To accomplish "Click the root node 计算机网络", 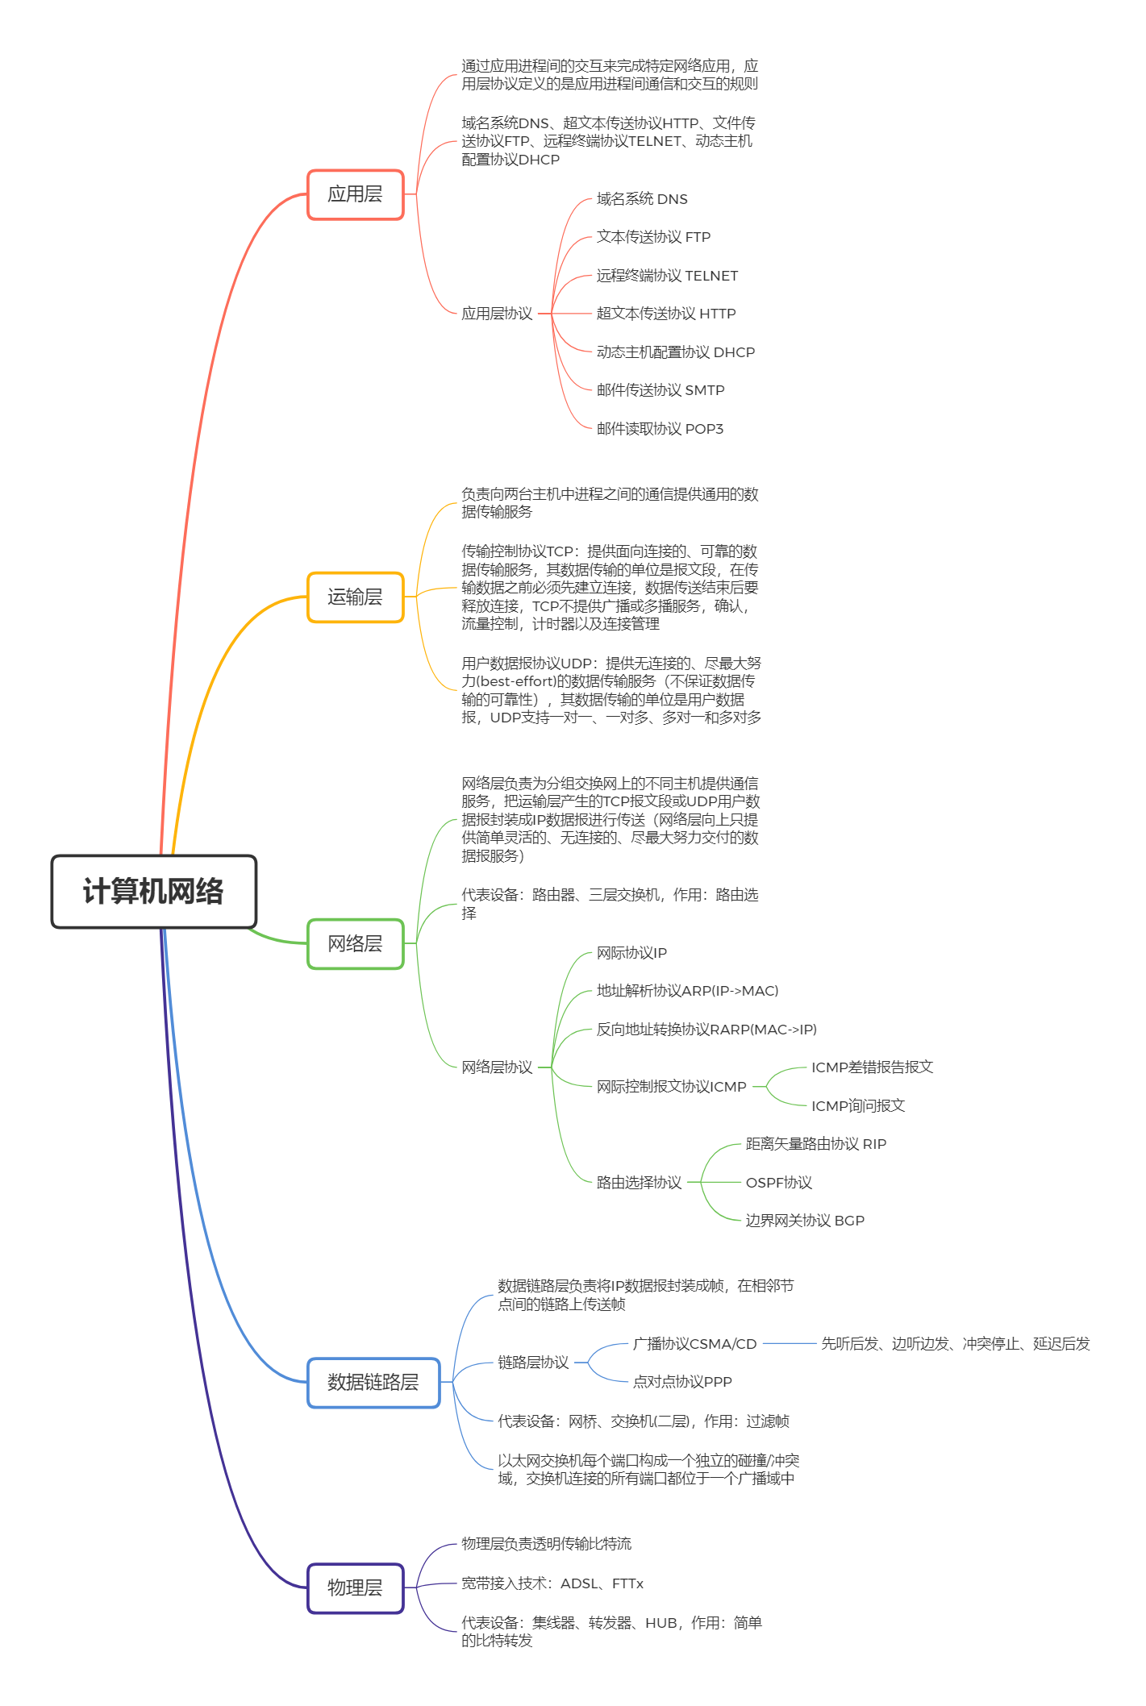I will pos(153,891).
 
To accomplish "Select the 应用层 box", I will pos(355,194).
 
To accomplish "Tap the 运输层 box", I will pos(355,597).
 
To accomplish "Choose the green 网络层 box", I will pos(355,943).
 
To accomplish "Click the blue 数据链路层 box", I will pos(373,1382).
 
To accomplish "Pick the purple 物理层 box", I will pos(355,1587).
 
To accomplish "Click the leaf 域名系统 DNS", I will pos(642,199).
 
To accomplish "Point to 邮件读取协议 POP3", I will pos(660,429).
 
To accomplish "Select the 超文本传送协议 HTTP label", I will pos(666,314).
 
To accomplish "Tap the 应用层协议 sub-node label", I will pos(497,314).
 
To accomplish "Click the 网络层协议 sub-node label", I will pos(497,1067).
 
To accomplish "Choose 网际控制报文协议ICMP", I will pos(672,1087).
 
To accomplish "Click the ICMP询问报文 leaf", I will pos(858,1106).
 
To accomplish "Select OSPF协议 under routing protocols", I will pos(778,1183).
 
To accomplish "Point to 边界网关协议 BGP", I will pos(805,1221).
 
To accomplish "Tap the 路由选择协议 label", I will pos(639,1183).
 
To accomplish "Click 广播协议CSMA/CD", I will pos(695,1344).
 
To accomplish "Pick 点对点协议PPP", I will pos(682,1382).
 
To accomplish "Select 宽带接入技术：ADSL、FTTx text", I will pos(552,1583).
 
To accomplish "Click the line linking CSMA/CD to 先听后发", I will pos(789,1343).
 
